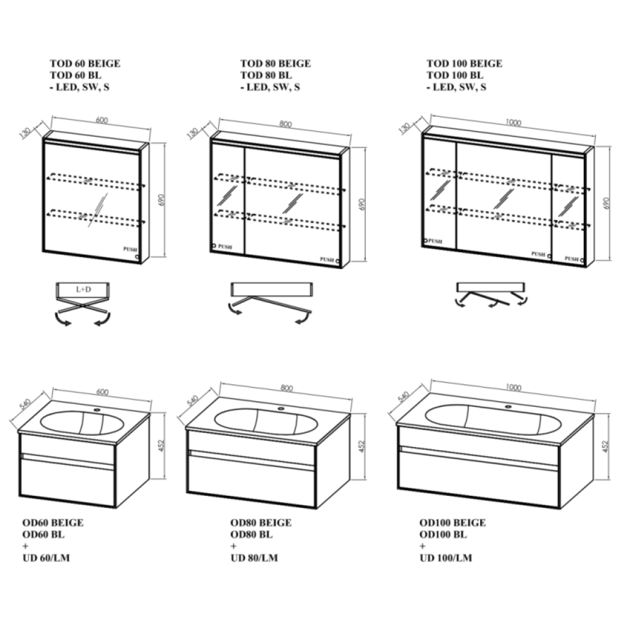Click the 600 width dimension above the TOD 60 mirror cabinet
coord(102,120)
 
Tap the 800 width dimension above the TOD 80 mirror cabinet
coord(285,124)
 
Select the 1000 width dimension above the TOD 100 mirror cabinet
coord(514,122)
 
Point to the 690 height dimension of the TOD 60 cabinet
coord(161,200)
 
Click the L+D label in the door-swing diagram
coord(83,289)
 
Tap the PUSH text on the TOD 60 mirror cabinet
coord(130,249)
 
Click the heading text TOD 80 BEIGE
coord(275,63)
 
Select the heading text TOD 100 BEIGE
coord(464,63)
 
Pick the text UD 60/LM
coord(46,558)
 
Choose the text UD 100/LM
coord(446,558)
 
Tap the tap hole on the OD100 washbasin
coord(508,407)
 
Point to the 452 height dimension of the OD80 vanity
coord(362,446)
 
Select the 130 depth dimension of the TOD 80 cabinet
coord(192,133)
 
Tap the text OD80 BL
coord(251,535)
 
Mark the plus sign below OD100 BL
coord(423,546)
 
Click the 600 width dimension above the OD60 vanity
coord(102,392)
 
